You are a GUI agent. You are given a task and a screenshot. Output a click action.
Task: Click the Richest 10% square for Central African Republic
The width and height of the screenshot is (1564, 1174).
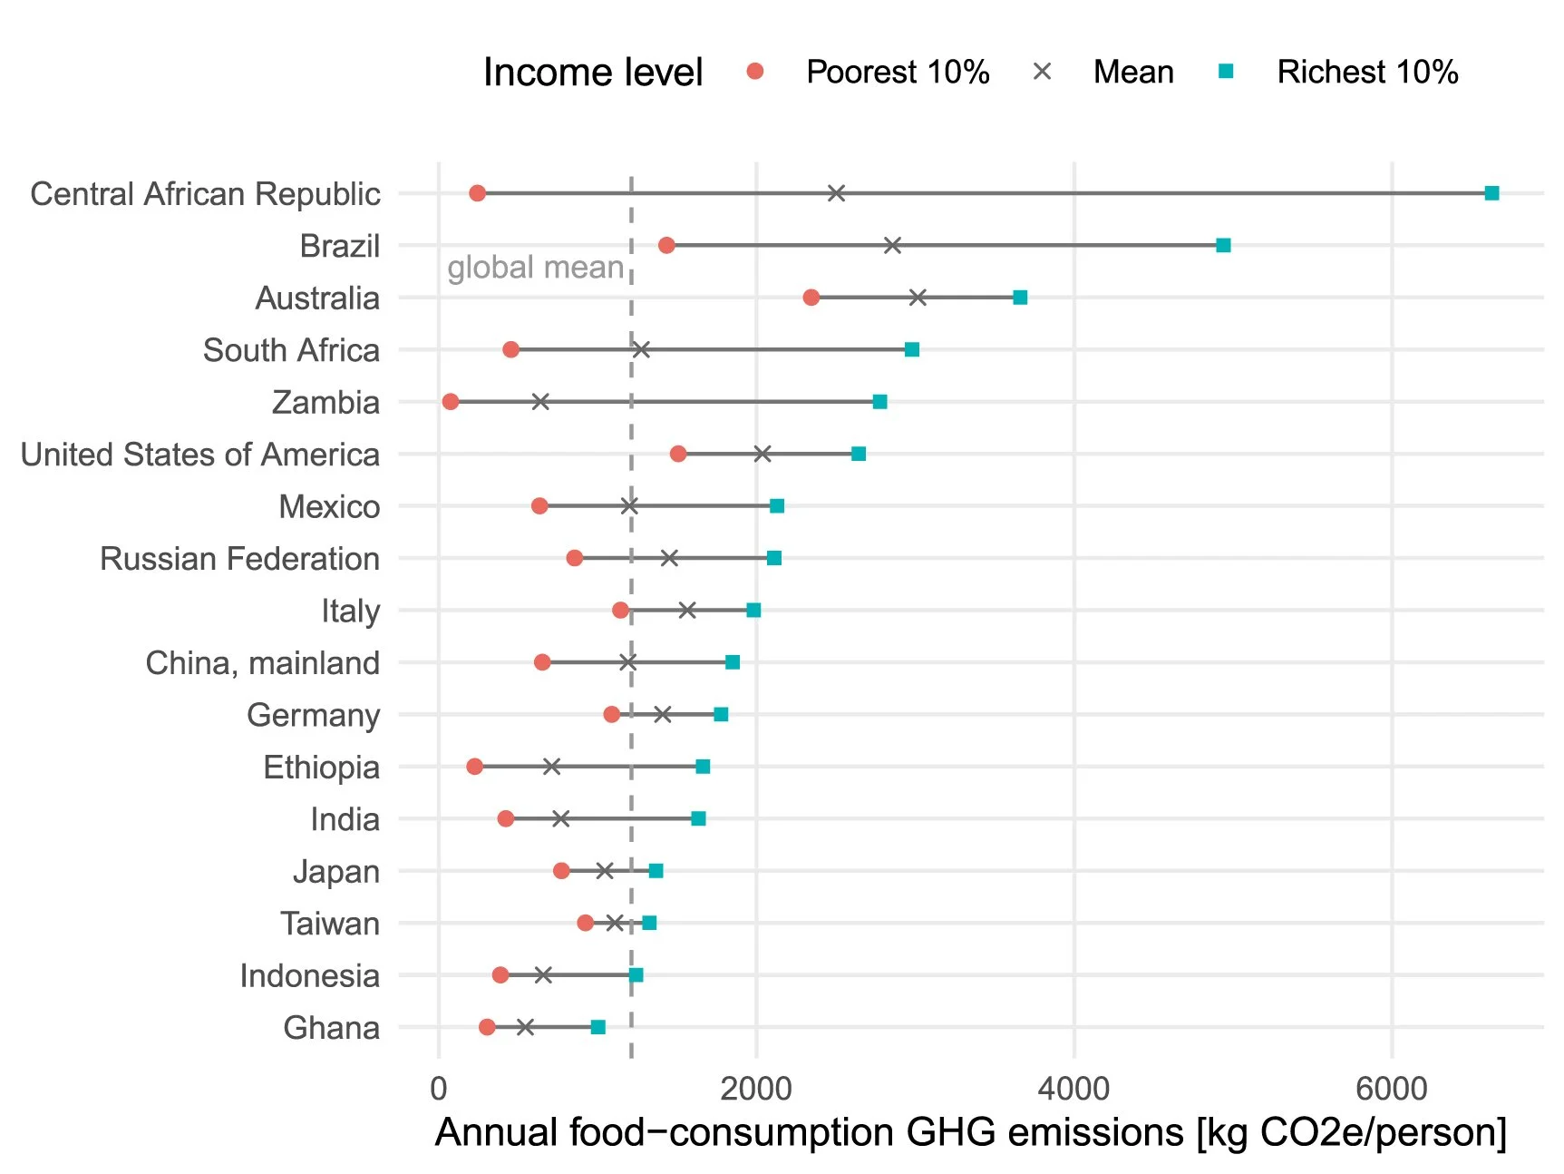(1491, 193)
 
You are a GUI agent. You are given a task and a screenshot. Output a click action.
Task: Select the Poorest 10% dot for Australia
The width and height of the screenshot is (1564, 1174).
(811, 298)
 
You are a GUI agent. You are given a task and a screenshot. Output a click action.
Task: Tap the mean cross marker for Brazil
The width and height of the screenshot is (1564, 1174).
(892, 245)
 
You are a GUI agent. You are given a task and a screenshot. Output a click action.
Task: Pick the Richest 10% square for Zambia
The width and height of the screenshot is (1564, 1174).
(879, 402)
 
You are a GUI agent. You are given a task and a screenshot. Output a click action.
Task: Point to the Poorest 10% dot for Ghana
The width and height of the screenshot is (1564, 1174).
(487, 1027)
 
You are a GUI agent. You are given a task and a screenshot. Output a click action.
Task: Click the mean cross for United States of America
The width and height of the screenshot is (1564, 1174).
(763, 454)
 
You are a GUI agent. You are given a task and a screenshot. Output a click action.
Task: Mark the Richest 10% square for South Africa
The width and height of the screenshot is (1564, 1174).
(912, 349)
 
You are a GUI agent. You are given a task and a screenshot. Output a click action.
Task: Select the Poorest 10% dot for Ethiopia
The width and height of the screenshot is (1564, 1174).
(474, 767)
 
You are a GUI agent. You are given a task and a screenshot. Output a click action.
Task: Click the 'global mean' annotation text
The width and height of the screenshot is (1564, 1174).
(535, 268)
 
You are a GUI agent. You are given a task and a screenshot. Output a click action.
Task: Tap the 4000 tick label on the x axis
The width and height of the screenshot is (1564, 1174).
(1073, 1088)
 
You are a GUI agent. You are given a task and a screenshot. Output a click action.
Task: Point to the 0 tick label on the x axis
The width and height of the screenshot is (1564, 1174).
(439, 1088)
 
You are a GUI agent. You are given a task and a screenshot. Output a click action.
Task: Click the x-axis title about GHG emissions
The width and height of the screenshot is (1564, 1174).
(970, 1133)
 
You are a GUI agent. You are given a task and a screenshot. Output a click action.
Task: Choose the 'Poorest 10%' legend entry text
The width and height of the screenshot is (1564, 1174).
(897, 72)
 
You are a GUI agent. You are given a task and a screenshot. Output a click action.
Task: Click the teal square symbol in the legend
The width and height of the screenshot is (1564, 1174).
(1226, 71)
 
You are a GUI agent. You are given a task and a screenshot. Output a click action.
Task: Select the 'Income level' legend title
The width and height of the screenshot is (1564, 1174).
(592, 72)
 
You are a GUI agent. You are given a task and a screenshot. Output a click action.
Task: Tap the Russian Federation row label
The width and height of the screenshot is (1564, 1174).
(239, 559)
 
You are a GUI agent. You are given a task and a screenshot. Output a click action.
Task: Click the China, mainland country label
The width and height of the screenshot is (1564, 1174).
(262, 663)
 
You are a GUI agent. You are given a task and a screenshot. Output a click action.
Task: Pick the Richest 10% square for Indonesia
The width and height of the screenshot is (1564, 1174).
(636, 975)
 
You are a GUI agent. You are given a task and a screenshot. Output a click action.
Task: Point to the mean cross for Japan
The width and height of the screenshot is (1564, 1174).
(605, 871)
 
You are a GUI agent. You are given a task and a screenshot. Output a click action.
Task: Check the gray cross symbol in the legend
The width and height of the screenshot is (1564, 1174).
(1042, 71)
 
